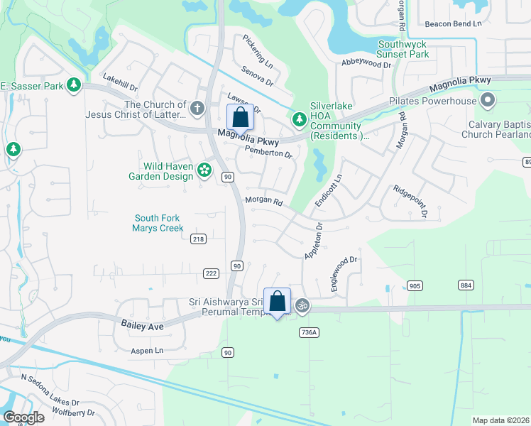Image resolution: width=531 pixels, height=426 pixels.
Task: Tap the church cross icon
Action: [x=197, y=109]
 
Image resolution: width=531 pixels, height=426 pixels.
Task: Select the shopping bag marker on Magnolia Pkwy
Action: [x=240, y=118]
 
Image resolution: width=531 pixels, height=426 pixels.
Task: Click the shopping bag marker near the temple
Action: [x=277, y=301]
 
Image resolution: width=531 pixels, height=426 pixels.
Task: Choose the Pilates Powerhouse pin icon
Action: [x=487, y=100]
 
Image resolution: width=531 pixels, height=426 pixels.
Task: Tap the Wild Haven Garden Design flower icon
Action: [x=204, y=169]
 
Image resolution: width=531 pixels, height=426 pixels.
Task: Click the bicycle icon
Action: [x=302, y=305]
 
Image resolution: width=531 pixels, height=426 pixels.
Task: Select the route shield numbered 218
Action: [x=198, y=239]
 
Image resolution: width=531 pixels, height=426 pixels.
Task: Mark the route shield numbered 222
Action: [x=210, y=273]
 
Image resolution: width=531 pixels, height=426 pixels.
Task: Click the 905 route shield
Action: [x=415, y=285]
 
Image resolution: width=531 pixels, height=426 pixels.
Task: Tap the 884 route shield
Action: [x=466, y=285]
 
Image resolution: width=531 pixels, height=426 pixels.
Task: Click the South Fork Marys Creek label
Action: [x=158, y=223]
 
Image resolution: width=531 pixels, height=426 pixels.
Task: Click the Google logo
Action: [x=23, y=417]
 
